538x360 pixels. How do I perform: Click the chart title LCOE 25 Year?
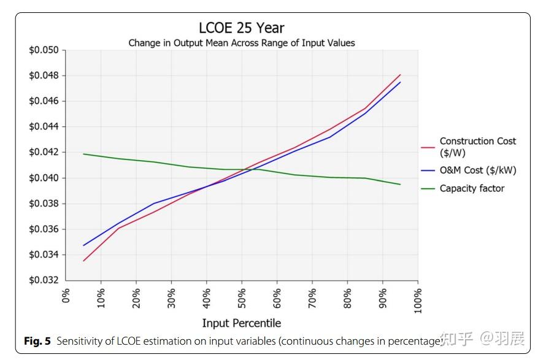click(241, 28)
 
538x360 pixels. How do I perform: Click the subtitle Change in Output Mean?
click(241, 43)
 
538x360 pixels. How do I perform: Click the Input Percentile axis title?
click(241, 323)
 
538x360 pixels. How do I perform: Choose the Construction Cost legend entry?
click(477, 147)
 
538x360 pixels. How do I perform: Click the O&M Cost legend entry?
click(477, 170)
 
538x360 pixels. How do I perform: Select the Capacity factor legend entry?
click(471, 188)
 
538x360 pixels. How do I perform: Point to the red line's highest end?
click(400, 75)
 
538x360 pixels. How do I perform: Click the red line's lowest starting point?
click(84, 261)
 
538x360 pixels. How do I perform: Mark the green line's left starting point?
click(84, 154)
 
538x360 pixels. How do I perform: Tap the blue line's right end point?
click(400, 82)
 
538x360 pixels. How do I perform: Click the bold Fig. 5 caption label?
click(37, 342)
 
